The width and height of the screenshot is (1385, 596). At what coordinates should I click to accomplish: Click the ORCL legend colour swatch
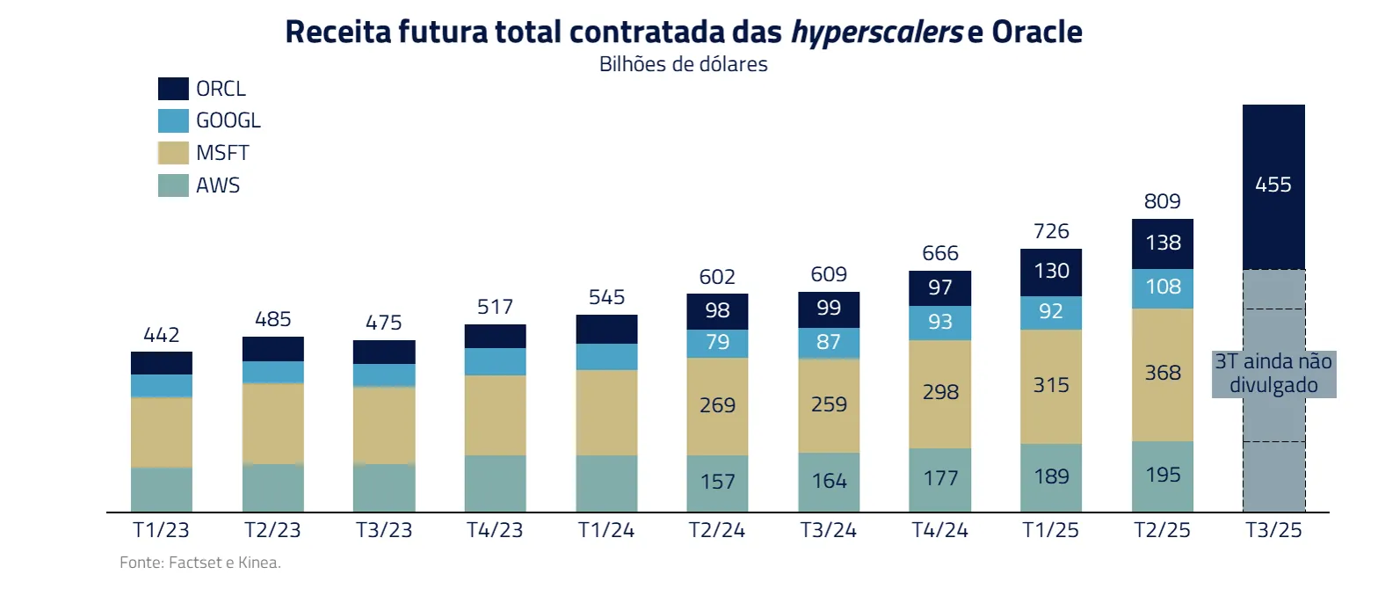pos(173,89)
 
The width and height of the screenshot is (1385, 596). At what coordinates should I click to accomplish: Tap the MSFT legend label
pos(222,153)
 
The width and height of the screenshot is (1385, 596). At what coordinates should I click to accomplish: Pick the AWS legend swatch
pos(173,185)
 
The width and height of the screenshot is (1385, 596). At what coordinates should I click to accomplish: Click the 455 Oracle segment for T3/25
pos(1273,185)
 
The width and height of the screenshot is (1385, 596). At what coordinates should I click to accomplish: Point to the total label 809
pos(1162,201)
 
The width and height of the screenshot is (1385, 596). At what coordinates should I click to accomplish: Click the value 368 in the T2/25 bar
pos(1162,373)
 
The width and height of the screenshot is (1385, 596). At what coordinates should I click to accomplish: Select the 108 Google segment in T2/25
pos(1162,287)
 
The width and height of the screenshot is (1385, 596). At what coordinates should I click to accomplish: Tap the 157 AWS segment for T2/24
pos(717,482)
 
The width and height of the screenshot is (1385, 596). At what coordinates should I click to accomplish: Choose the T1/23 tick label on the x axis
pos(161,530)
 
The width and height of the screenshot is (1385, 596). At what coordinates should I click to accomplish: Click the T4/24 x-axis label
pos(939,530)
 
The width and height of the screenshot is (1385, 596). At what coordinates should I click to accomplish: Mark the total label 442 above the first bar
pos(161,335)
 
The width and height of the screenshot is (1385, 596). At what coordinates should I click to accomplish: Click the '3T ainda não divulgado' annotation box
pos(1273,374)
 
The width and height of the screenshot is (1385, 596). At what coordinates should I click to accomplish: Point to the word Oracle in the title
pos(1037,32)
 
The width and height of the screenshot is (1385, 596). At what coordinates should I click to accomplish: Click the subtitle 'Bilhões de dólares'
pos(683,64)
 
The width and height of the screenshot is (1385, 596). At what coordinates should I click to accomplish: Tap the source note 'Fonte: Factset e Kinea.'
pos(200,563)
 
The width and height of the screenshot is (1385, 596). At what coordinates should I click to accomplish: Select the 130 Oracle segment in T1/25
pos(1051,271)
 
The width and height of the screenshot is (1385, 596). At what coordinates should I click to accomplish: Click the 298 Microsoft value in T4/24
pos(939,392)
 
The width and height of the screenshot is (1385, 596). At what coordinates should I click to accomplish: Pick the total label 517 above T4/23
pos(495,307)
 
